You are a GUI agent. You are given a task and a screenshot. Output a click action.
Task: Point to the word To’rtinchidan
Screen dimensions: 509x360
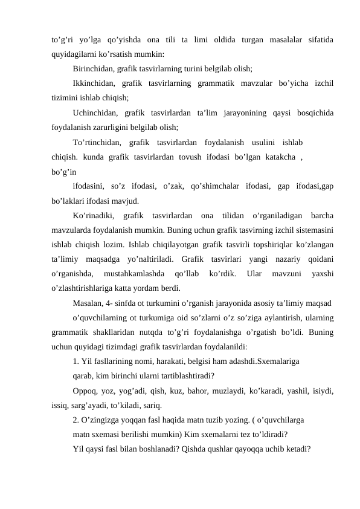[97, 143]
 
